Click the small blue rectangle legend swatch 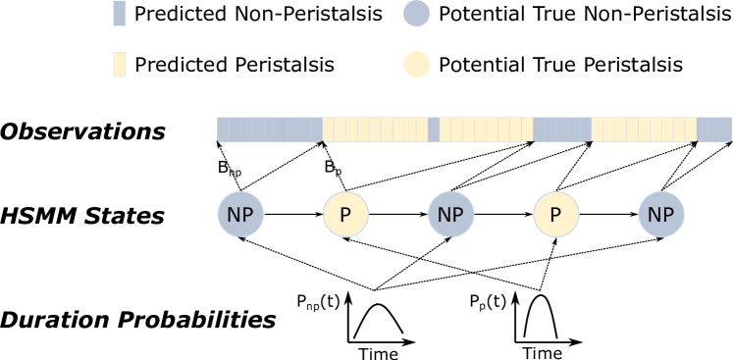pos(120,13)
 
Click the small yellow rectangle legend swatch pos(120,64)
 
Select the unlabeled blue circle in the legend pos(417,13)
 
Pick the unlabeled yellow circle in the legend pos(417,64)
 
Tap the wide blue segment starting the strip pos(270,129)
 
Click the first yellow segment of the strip pos(376,129)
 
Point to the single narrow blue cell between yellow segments pos(434,129)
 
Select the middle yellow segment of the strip pos(486,129)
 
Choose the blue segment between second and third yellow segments pos(562,129)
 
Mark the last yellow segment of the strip pos(644,129)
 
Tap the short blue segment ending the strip pos(714,129)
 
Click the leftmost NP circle pos(240,214)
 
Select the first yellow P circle pos(345,214)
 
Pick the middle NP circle pos(450,214)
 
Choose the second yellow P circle pos(556,214)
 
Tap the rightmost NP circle pos(661,214)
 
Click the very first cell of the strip pos(223,129)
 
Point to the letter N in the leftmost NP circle pos(235,214)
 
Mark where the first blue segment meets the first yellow pos(323,129)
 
